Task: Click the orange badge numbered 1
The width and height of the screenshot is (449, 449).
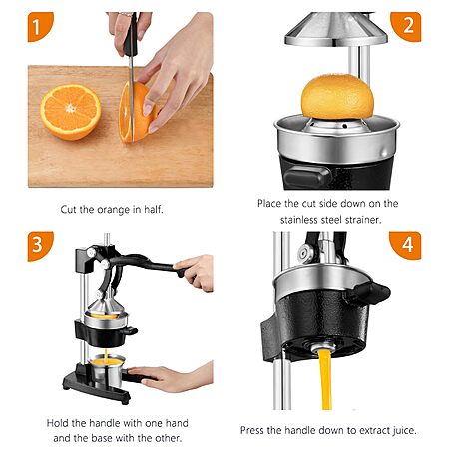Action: [40, 27]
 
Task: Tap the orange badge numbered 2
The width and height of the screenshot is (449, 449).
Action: [406, 27]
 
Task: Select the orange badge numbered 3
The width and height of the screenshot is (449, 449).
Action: [40, 246]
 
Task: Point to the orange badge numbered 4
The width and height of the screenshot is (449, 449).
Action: [406, 245]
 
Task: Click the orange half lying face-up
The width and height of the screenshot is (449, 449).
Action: [71, 112]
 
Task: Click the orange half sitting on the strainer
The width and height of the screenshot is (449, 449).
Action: [337, 97]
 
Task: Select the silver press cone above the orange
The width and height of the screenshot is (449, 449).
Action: [336, 29]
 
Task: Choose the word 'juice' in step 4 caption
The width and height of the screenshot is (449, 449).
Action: [404, 430]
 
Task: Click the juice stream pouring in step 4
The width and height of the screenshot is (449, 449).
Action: [326, 379]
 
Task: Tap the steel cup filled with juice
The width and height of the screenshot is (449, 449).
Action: [107, 370]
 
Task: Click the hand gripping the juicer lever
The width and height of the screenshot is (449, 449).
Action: [196, 272]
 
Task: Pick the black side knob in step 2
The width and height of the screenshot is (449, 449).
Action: [307, 176]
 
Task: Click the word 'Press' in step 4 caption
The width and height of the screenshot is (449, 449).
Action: [251, 430]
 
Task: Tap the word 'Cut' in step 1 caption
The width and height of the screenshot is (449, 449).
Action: [68, 210]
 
